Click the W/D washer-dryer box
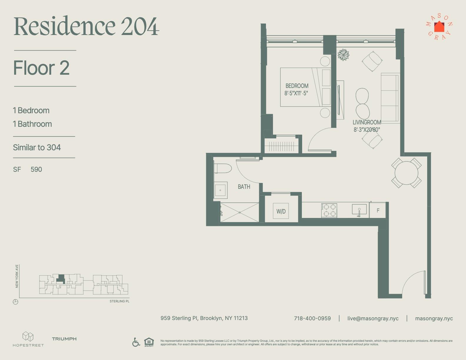coord(281,211)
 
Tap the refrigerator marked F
coord(378,210)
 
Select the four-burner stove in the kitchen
coord(329,210)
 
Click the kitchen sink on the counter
coord(359,209)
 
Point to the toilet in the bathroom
coord(223,169)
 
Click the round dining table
coord(406,173)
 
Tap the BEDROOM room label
coord(297,86)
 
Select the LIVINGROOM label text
coord(367,122)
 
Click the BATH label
coord(244,187)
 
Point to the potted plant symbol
coord(343,55)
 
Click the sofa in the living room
coord(390,98)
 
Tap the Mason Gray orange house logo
coord(439,27)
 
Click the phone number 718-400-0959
coord(312,319)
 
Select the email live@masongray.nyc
coord(373,319)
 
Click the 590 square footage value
coord(36,169)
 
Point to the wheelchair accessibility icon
coord(136,342)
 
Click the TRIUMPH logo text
coord(64,339)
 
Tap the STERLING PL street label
coord(119,301)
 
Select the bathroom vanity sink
coord(220,190)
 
